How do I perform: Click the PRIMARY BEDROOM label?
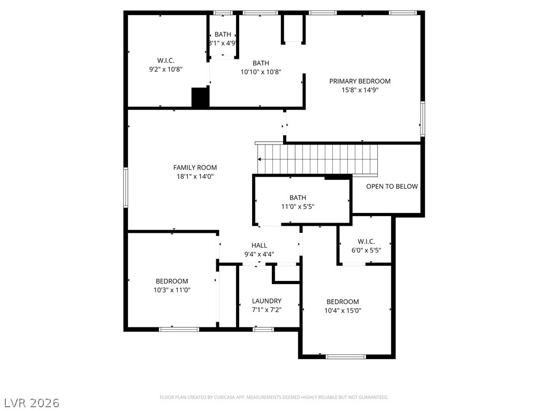tap(360, 81)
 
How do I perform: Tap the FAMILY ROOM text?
tap(195, 168)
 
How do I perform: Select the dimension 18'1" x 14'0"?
tap(195, 177)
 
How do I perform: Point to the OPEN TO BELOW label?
tap(392, 186)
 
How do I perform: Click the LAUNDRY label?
tap(267, 301)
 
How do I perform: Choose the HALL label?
tap(260, 245)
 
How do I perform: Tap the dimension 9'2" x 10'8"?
tap(166, 69)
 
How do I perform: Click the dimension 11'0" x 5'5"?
tap(298, 207)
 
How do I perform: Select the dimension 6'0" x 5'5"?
tap(366, 250)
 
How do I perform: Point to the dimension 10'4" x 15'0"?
tap(343, 310)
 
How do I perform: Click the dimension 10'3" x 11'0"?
tap(172, 290)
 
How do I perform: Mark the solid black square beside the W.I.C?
tap(200, 97)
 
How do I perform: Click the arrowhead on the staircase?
tap(260, 159)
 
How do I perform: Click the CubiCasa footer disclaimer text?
tap(274, 398)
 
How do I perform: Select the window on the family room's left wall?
tap(126, 188)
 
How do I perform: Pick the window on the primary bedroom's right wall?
tap(423, 118)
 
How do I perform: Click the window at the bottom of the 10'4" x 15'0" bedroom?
tap(346, 357)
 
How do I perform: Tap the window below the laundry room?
tap(263, 329)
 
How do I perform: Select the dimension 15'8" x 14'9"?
tap(360, 90)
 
